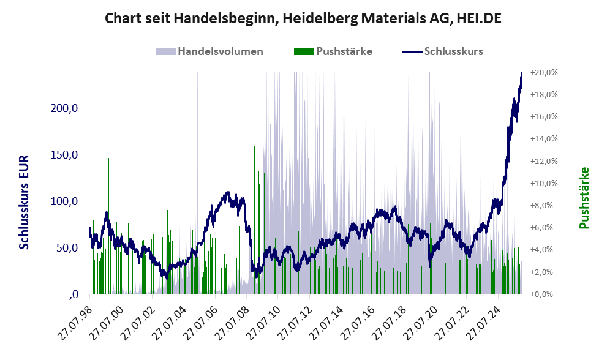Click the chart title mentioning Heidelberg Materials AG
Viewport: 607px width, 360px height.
click(303, 18)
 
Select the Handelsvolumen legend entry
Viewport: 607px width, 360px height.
click(221, 51)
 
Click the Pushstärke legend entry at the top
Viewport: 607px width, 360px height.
click(343, 51)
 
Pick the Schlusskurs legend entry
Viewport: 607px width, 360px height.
click(453, 51)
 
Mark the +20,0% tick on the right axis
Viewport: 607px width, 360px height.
click(544, 72)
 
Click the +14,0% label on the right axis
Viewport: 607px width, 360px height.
click(544, 139)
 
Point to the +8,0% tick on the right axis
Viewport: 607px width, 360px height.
click(544, 206)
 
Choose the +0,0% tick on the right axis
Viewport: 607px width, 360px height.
click(544, 294)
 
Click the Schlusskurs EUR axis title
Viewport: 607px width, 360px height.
click(25, 202)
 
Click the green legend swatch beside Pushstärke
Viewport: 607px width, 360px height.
click(303, 51)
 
